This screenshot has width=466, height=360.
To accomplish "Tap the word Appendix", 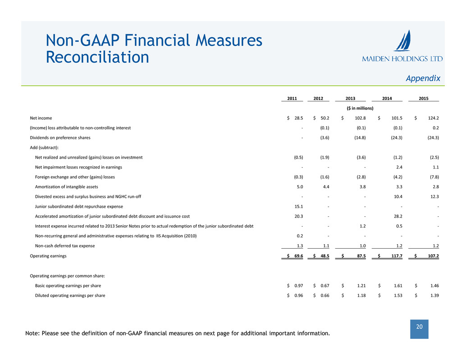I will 423,78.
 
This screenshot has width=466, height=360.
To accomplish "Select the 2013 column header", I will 350,99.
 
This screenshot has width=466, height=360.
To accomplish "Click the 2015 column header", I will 423,99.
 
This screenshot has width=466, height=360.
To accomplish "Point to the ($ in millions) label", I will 360,108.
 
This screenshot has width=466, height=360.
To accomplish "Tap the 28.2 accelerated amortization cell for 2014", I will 397,216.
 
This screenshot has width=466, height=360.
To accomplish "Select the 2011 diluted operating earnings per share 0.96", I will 298,296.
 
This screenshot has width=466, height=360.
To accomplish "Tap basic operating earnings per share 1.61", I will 395,286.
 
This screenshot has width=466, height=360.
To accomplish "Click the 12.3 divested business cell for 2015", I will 433,196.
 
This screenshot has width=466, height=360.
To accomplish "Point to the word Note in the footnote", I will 34,334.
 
